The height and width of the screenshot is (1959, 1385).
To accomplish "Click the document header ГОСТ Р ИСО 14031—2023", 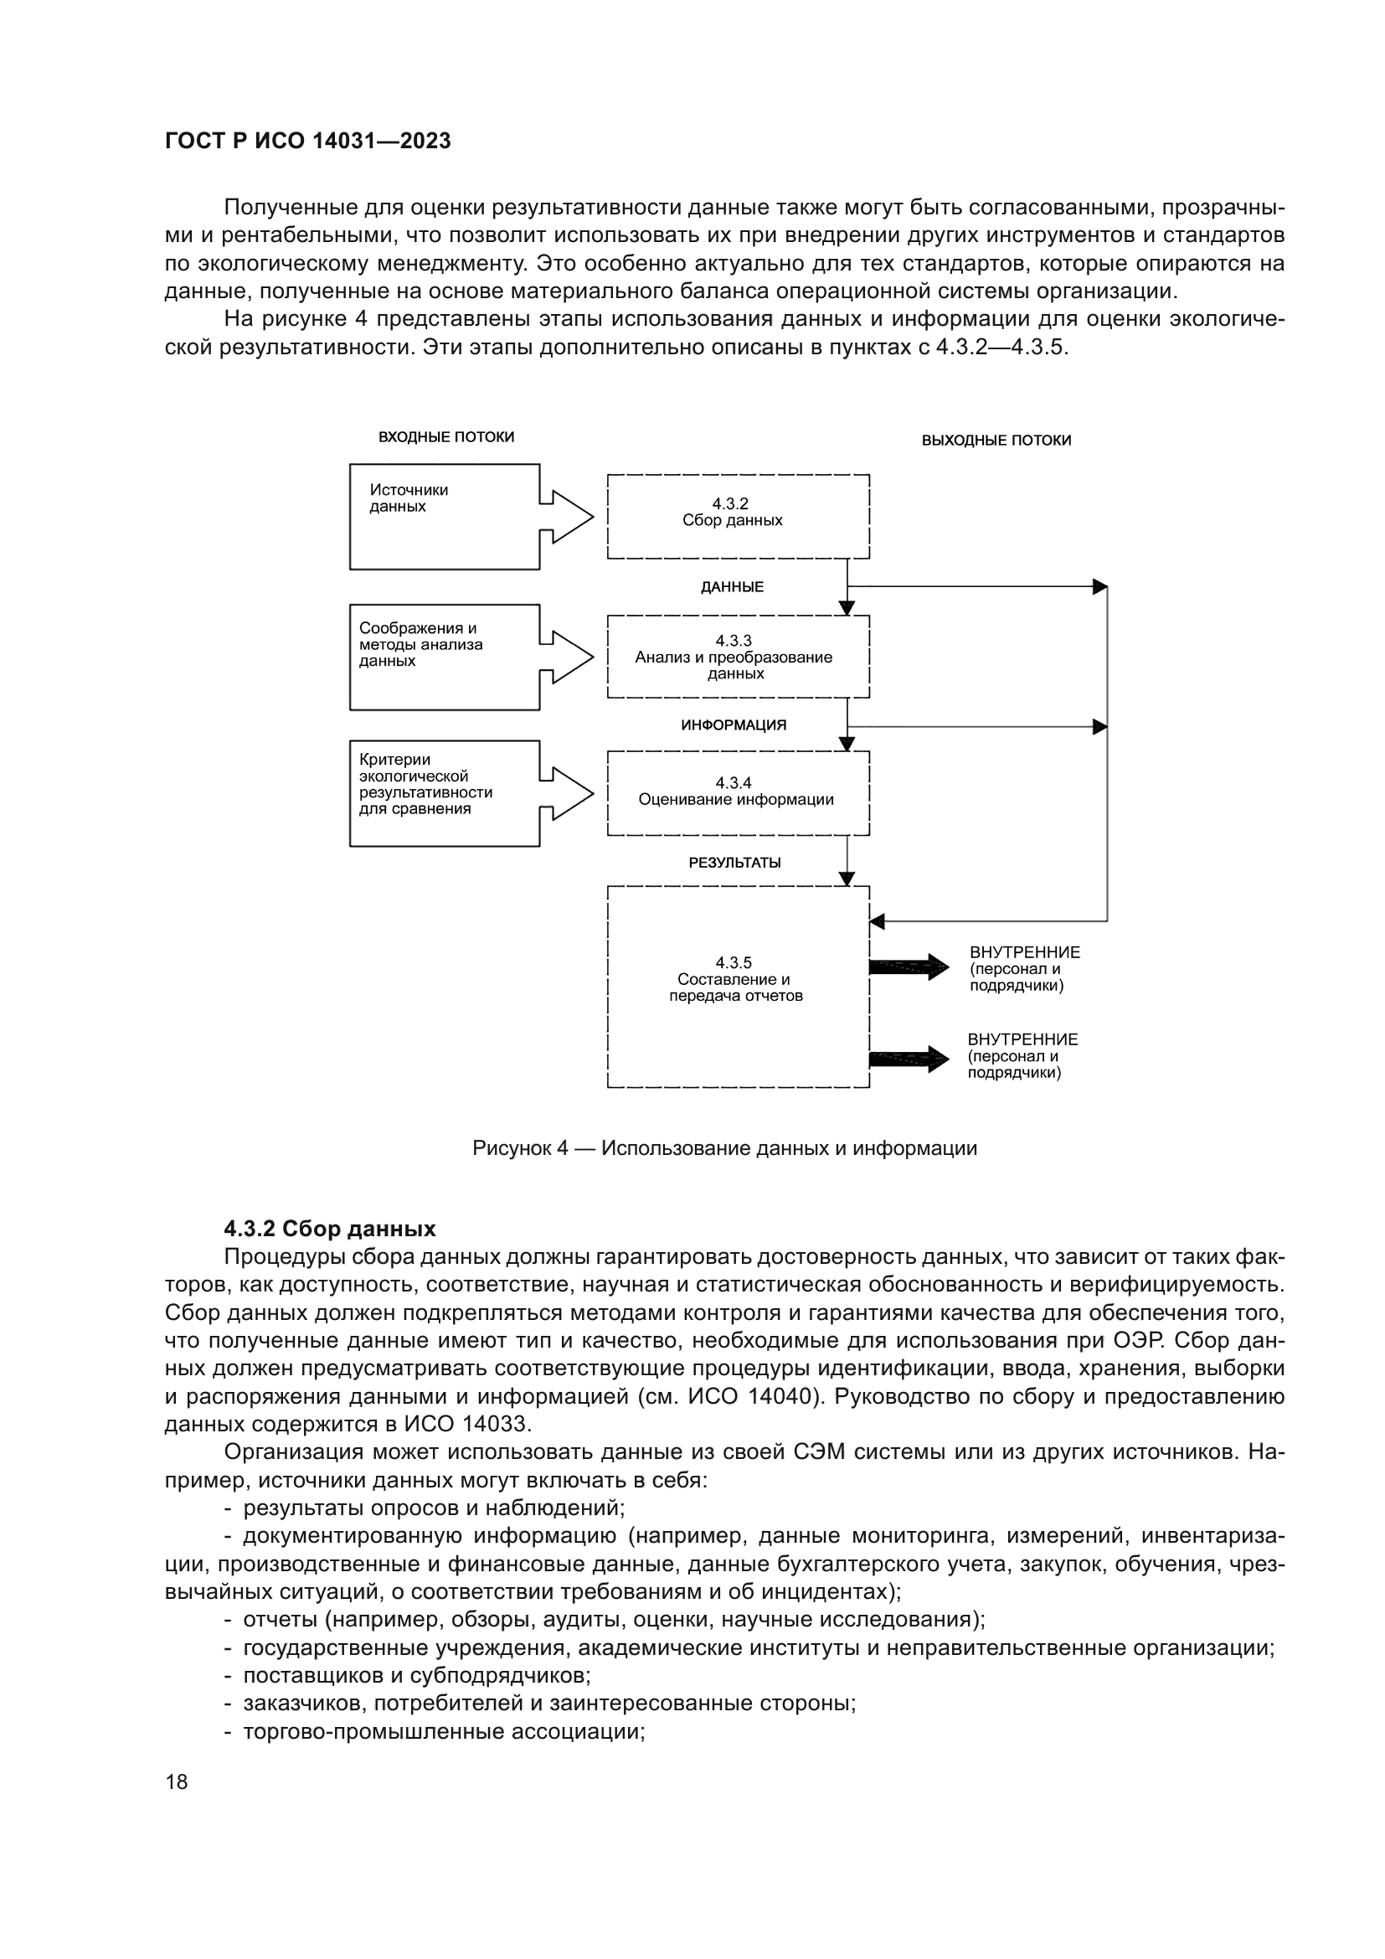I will pos(308,142).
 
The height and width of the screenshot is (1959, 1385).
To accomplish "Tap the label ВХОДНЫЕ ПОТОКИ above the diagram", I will pos(446,438).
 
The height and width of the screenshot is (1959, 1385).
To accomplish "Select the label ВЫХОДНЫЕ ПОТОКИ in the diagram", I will pos(996,441).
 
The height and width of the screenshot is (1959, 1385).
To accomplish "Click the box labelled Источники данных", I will pos(445,517).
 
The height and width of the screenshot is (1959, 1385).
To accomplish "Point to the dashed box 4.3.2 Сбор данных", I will pos(738,516).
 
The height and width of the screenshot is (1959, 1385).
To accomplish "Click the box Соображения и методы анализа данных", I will pos(445,657).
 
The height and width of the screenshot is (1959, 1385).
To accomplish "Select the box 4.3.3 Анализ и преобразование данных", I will pos(738,657).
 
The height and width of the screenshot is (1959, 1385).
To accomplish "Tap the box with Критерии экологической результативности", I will pos(445,793).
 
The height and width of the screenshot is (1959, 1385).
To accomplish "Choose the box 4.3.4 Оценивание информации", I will pos(738,792).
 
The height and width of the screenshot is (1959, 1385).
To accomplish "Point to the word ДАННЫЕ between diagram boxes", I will pos(733,588).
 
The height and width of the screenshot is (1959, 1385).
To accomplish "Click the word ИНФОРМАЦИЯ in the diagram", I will pos(734,725).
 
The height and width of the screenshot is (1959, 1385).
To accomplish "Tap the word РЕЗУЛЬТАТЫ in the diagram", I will pos(734,863).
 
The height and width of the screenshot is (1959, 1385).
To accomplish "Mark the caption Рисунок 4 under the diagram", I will pos(724,1148).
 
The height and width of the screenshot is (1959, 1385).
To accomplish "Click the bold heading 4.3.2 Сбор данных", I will pos(329,1229).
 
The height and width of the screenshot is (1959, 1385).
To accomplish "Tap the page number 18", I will pos(177,1782).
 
